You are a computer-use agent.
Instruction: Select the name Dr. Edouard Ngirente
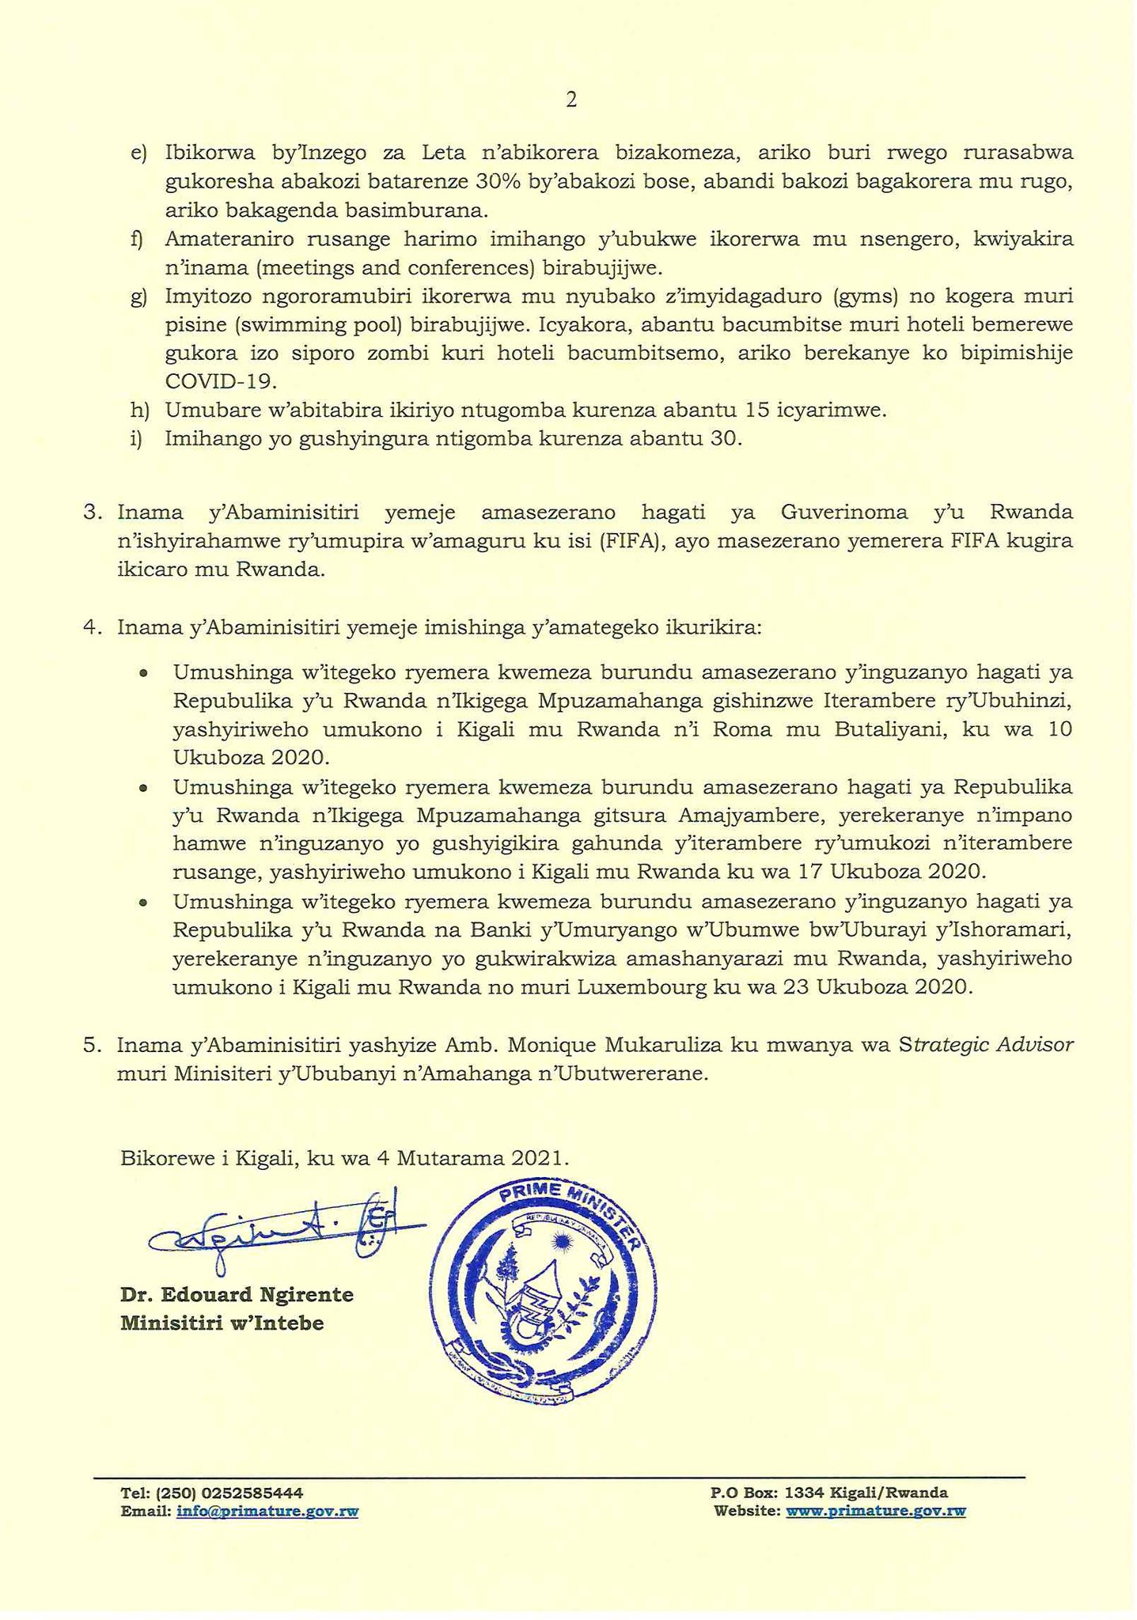[237, 1295]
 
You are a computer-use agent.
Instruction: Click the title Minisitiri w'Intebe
[222, 1323]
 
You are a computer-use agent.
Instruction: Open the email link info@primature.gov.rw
[267, 1511]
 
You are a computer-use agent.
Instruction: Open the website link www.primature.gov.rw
[875, 1511]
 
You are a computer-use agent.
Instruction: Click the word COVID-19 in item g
[221, 381]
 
